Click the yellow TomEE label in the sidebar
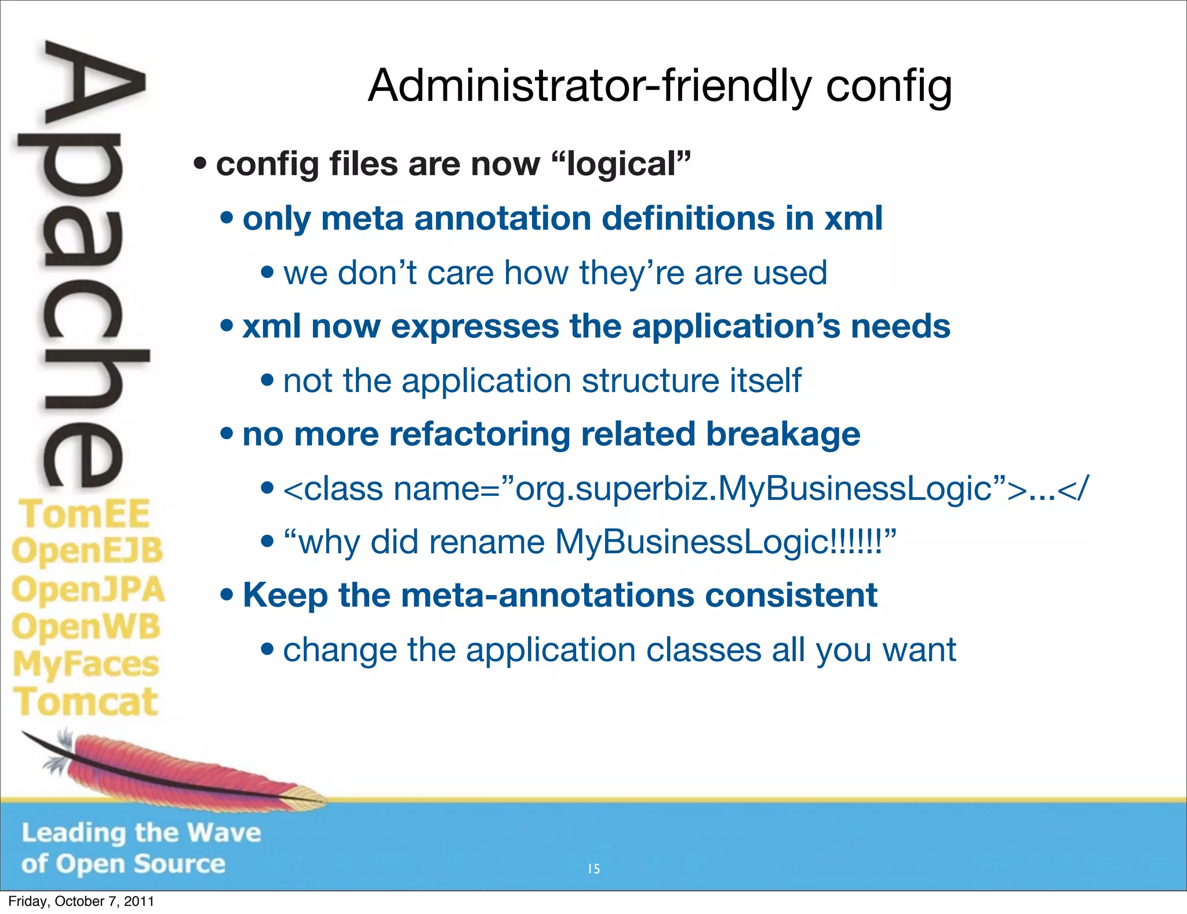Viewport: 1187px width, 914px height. click(x=85, y=514)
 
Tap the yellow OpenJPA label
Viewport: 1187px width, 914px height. click(x=88, y=590)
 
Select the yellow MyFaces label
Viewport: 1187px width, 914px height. click(x=86, y=665)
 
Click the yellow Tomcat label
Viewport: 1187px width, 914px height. click(x=86, y=702)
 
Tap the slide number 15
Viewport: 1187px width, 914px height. click(x=593, y=869)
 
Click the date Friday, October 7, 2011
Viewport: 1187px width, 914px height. click(x=81, y=901)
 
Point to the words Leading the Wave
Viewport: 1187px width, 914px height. click(x=141, y=833)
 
